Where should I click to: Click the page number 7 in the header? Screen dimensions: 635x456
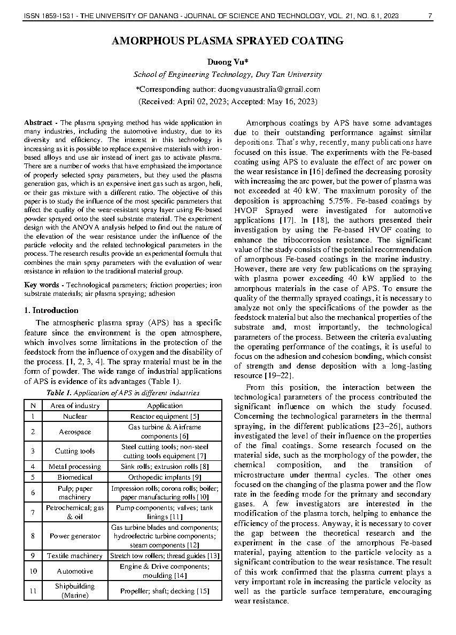[x=430, y=17]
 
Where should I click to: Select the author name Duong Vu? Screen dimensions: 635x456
[x=227, y=62]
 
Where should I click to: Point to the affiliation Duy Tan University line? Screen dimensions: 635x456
[x=227, y=75]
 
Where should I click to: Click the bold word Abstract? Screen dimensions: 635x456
[x=38, y=123]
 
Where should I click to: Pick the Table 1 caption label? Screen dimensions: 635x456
[x=58, y=393]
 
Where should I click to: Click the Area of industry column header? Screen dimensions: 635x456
[x=75, y=405]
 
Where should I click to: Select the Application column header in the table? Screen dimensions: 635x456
[x=165, y=405]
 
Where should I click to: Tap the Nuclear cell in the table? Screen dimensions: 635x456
[x=75, y=416]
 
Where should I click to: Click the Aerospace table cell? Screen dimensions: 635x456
[x=75, y=432]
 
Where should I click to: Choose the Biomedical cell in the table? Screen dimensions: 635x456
[x=75, y=477]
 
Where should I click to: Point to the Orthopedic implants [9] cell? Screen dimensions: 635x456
[x=165, y=477]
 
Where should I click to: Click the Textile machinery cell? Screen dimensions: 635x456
[x=75, y=556]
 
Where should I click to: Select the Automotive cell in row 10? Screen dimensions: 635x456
[x=75, y=571]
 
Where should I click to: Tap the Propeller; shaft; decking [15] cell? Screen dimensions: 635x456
[x=165, y=591]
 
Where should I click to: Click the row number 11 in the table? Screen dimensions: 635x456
[x=33, y=591]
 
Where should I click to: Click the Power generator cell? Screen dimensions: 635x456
[x=75, y=536]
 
